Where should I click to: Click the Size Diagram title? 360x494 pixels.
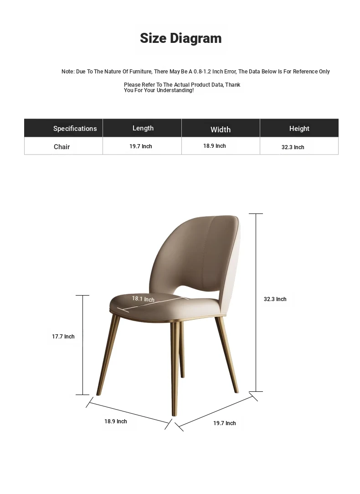click(180, 38)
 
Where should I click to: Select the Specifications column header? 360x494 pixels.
click(75, 129)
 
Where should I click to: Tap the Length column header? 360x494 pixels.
click(143, 128)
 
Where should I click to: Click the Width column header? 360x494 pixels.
click(221, 130)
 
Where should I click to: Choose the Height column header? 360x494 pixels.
click(299, 129)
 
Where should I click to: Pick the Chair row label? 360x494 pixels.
click(62, 147)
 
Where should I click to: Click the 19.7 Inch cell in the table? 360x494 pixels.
click(140, 146)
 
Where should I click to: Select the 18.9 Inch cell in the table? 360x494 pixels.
click(215, 146)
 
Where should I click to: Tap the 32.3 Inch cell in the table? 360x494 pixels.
click(293, 147)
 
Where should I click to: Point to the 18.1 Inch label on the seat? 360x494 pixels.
click(143, 299)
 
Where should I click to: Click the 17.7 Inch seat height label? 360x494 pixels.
click(63, 337)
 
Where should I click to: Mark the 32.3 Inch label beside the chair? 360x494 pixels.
click(275, 299)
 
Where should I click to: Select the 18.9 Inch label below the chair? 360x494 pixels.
click(116, 421)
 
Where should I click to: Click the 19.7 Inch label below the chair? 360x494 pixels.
click(225, 423)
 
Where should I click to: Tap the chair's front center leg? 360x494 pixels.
click(175, 369)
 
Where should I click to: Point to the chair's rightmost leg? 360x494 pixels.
click(228, 356)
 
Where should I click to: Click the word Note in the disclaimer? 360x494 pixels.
click(67, 72)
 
